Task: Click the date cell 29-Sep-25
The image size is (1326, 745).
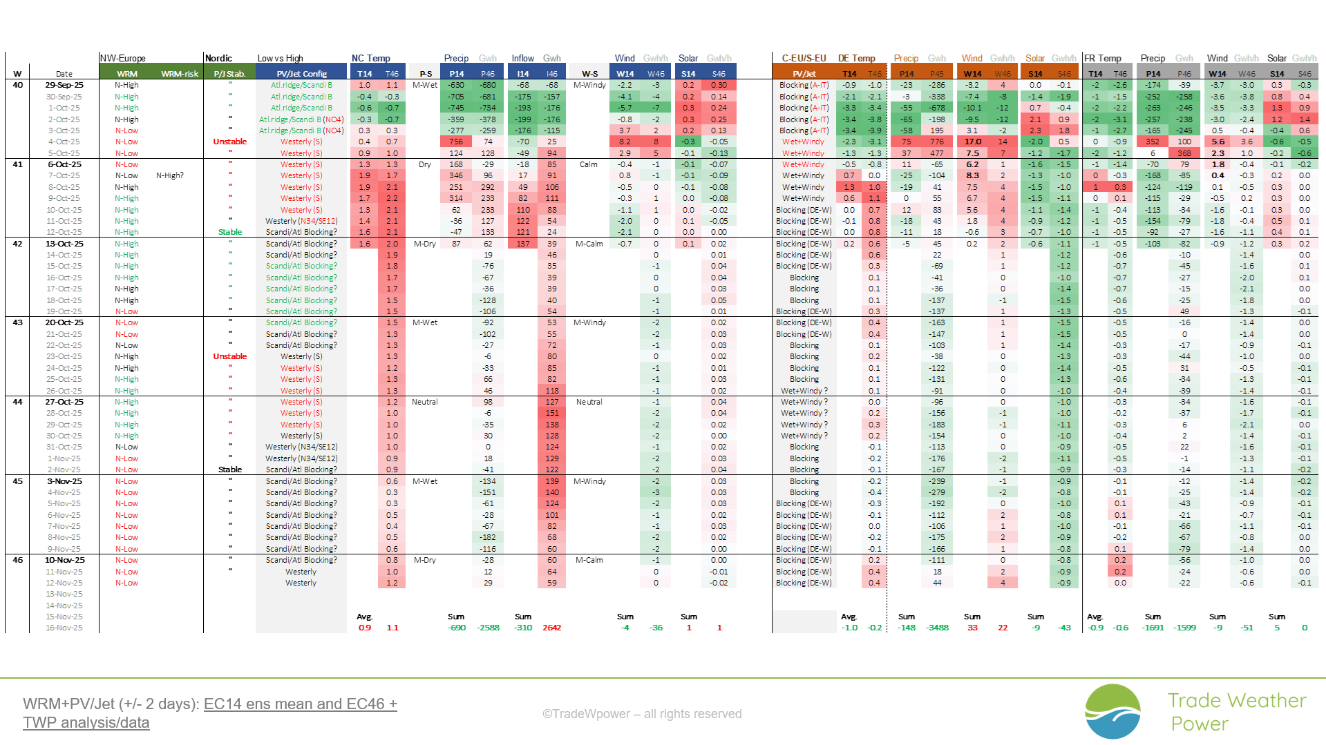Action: pyautogui.click(x=64, y=85)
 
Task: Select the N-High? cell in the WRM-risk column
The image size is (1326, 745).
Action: pyautogui.click(x=170, y=175)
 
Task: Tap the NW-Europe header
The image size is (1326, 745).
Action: pyautogui.click(x=123, y=58)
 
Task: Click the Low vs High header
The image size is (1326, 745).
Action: pyautogui.click(x=281, y=58)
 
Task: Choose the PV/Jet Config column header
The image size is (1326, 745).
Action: pyautogui.click(x=301, y=74)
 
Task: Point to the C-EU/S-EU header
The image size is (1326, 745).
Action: pyautogui.click(x=804, y=58)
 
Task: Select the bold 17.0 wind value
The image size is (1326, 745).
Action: pyautogui.click(x=972, y=142)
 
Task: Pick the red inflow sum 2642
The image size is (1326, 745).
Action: pyautogui.click(x=551, y=628)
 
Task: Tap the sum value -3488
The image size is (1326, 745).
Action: pyautogui.click(x=938, y=628)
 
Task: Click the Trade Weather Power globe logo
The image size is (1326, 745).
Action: pyautogui.click(x=1112, y=711)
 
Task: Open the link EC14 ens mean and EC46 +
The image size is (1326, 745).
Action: pyautogui.click(x=300, y=704)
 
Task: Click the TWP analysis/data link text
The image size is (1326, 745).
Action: pyautogui.click(x=86, y=722)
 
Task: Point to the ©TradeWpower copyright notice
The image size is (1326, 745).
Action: pyautogui.click(x=641, y=714)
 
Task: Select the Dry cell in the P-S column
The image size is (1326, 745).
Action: pyautogui.click(x=425, y=164)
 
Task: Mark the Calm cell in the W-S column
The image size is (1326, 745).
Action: pyautogui.click(x=589, y=164)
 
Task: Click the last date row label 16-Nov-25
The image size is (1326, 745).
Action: pyautogui.click(x=64, y=628)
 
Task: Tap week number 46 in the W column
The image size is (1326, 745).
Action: pyautogui.click(x=18, y=560)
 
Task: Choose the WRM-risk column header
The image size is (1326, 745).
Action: pyautogui.click(x=180, y=74)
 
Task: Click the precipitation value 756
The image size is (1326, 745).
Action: pyautogui.click(x=456, y=142)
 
